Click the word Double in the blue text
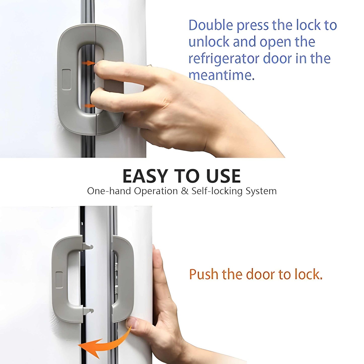pos(211,25)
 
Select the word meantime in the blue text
pos(221,75)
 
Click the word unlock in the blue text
pos(209,42)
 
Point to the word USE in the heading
pos(223,176)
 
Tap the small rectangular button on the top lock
pos(66,79)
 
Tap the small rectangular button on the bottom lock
pos(59,280)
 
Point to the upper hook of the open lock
pos(88,247)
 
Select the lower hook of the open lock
pos(89,311)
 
